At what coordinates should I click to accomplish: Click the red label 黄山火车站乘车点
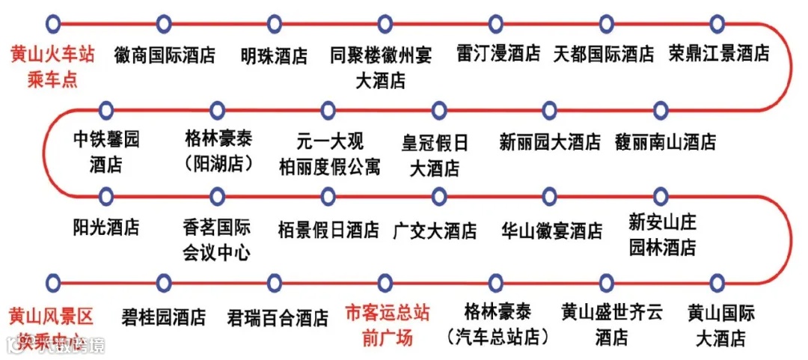point(52,66)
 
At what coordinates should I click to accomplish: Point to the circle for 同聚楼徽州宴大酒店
point(384,23)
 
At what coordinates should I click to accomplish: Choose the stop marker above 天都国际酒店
point(606,23)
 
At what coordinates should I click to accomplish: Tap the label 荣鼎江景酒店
point(718,54)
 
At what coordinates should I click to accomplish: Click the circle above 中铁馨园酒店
point(106,111)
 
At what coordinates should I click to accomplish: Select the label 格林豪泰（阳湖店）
point(218,150)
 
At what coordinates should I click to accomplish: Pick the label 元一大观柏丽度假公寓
point(328,152)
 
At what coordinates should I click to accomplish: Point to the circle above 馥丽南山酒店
point(661,111)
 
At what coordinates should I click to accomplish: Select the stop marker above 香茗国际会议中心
point(218,197)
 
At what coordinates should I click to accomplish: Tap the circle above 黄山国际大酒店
point(717,283)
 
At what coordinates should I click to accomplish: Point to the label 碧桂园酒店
point(164,317)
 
